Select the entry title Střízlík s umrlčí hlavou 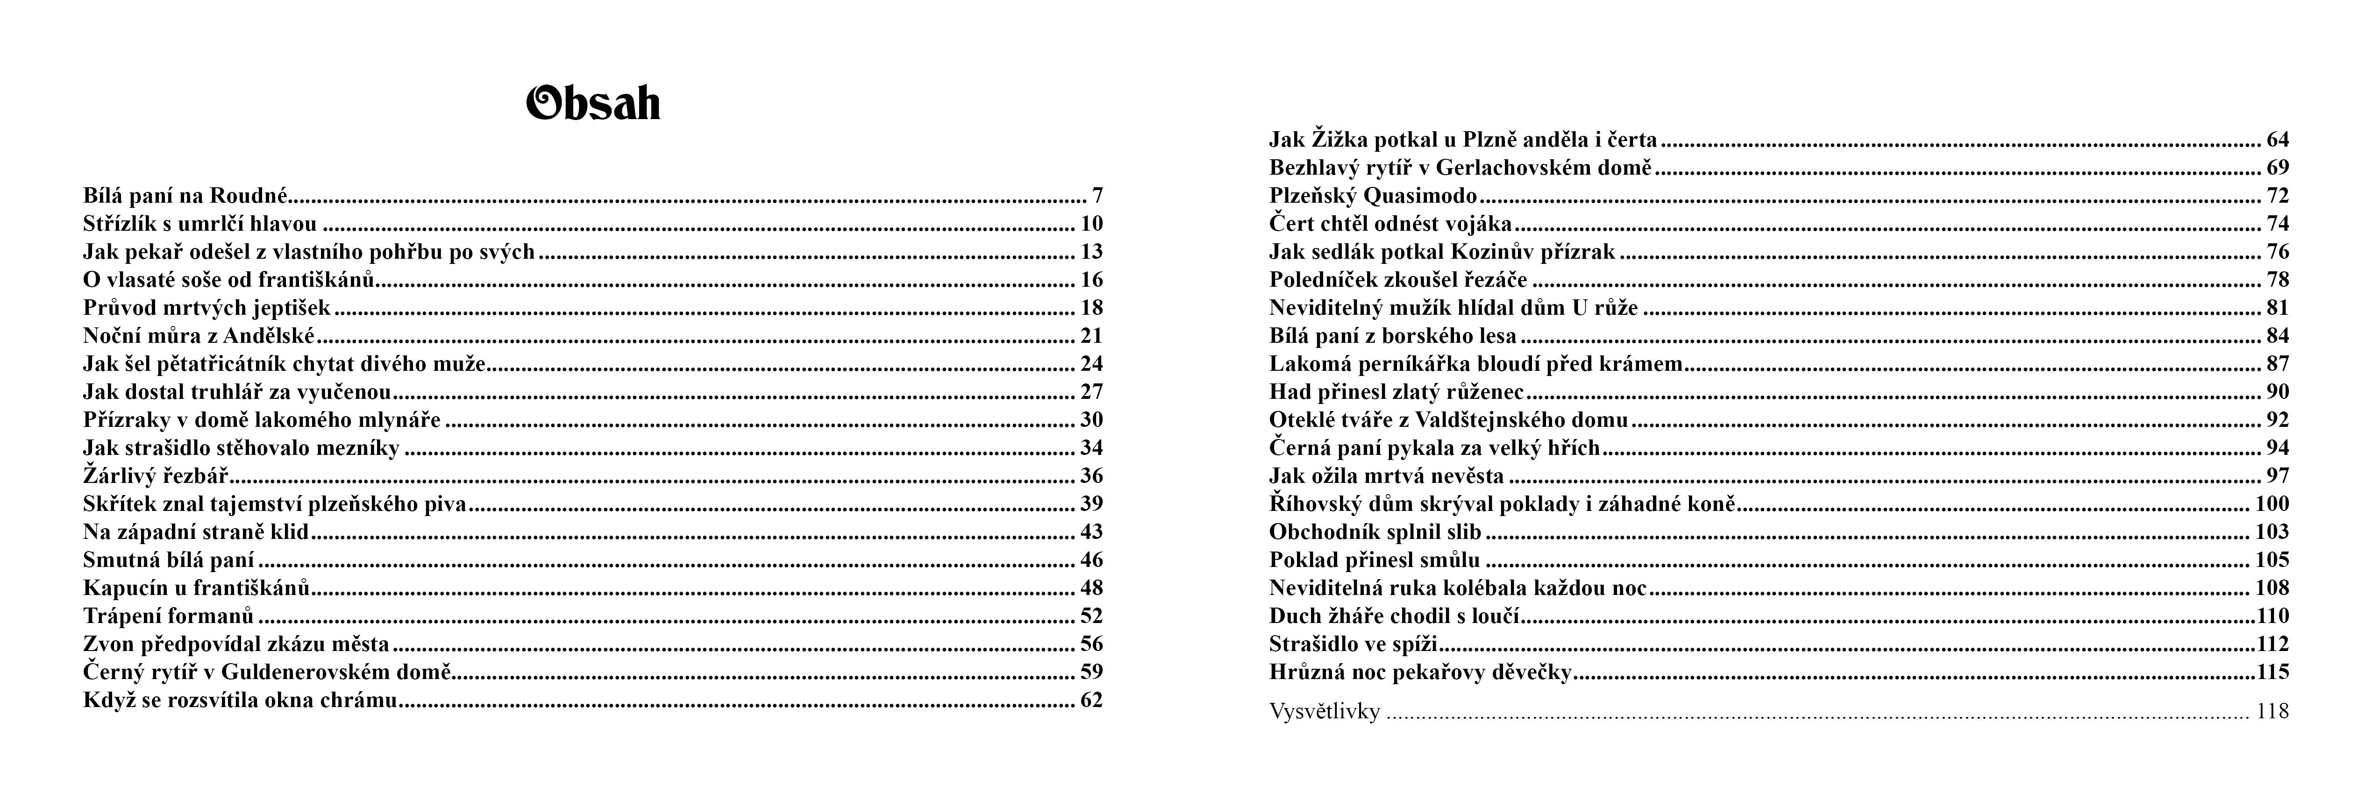pos(200,224)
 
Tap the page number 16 pos(1090,280)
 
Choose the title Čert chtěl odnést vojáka pos(1390,224)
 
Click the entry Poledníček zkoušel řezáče pos(1397,280)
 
